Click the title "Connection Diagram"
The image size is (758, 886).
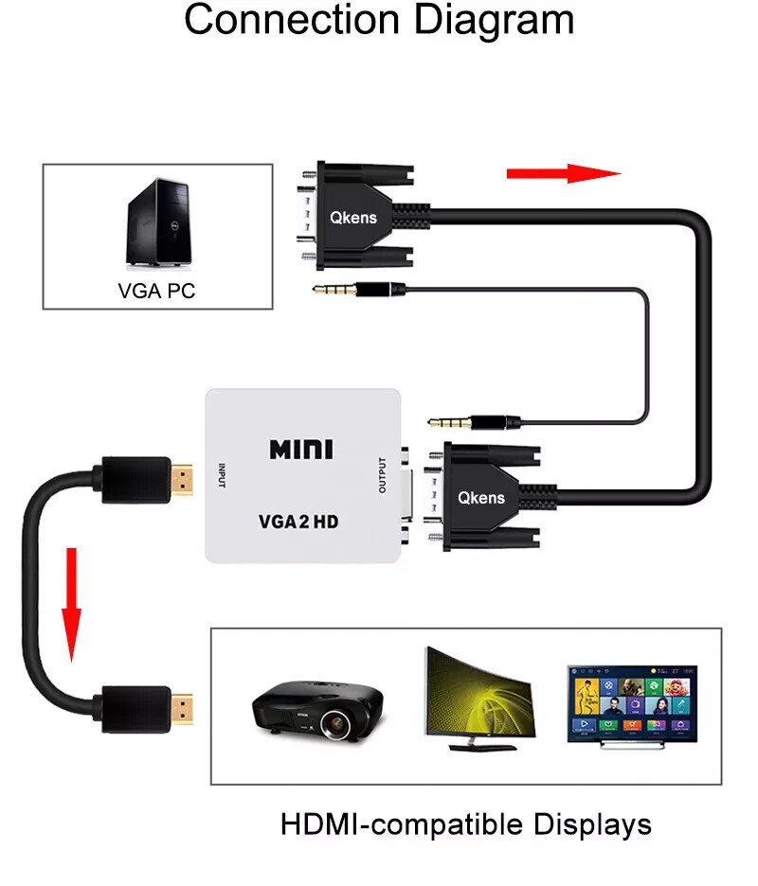pos(379,21)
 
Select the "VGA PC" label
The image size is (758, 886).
pos(156,291)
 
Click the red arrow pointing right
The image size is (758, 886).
pos(564,173)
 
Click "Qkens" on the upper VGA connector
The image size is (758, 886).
pos(353,217)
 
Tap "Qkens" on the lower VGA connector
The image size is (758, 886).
pos(481,497)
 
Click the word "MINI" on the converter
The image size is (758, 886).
pos(301,449)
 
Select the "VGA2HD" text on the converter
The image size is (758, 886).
pos(298,521)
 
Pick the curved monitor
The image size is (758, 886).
pos(478,700)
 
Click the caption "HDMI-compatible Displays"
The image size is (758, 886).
pos(466,824)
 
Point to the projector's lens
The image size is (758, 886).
pos(337,725)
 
